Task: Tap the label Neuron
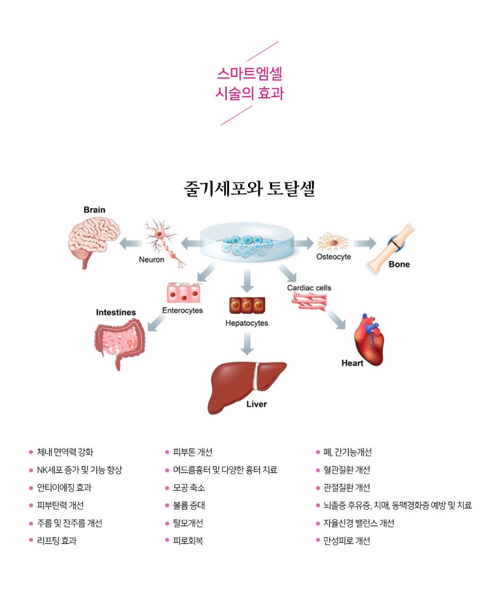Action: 151,260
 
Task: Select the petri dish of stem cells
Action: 247,242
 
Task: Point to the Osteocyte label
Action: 333,257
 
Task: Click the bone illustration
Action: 390,249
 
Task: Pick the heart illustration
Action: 369,340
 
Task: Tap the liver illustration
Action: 246,388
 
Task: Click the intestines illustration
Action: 120,344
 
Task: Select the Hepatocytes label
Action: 246,323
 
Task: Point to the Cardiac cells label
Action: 309,288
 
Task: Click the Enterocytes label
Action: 182,311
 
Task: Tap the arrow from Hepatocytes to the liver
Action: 247,343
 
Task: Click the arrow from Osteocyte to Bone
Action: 364,243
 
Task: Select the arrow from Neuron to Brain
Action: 131,244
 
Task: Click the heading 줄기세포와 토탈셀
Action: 249,189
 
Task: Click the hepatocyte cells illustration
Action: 247,305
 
